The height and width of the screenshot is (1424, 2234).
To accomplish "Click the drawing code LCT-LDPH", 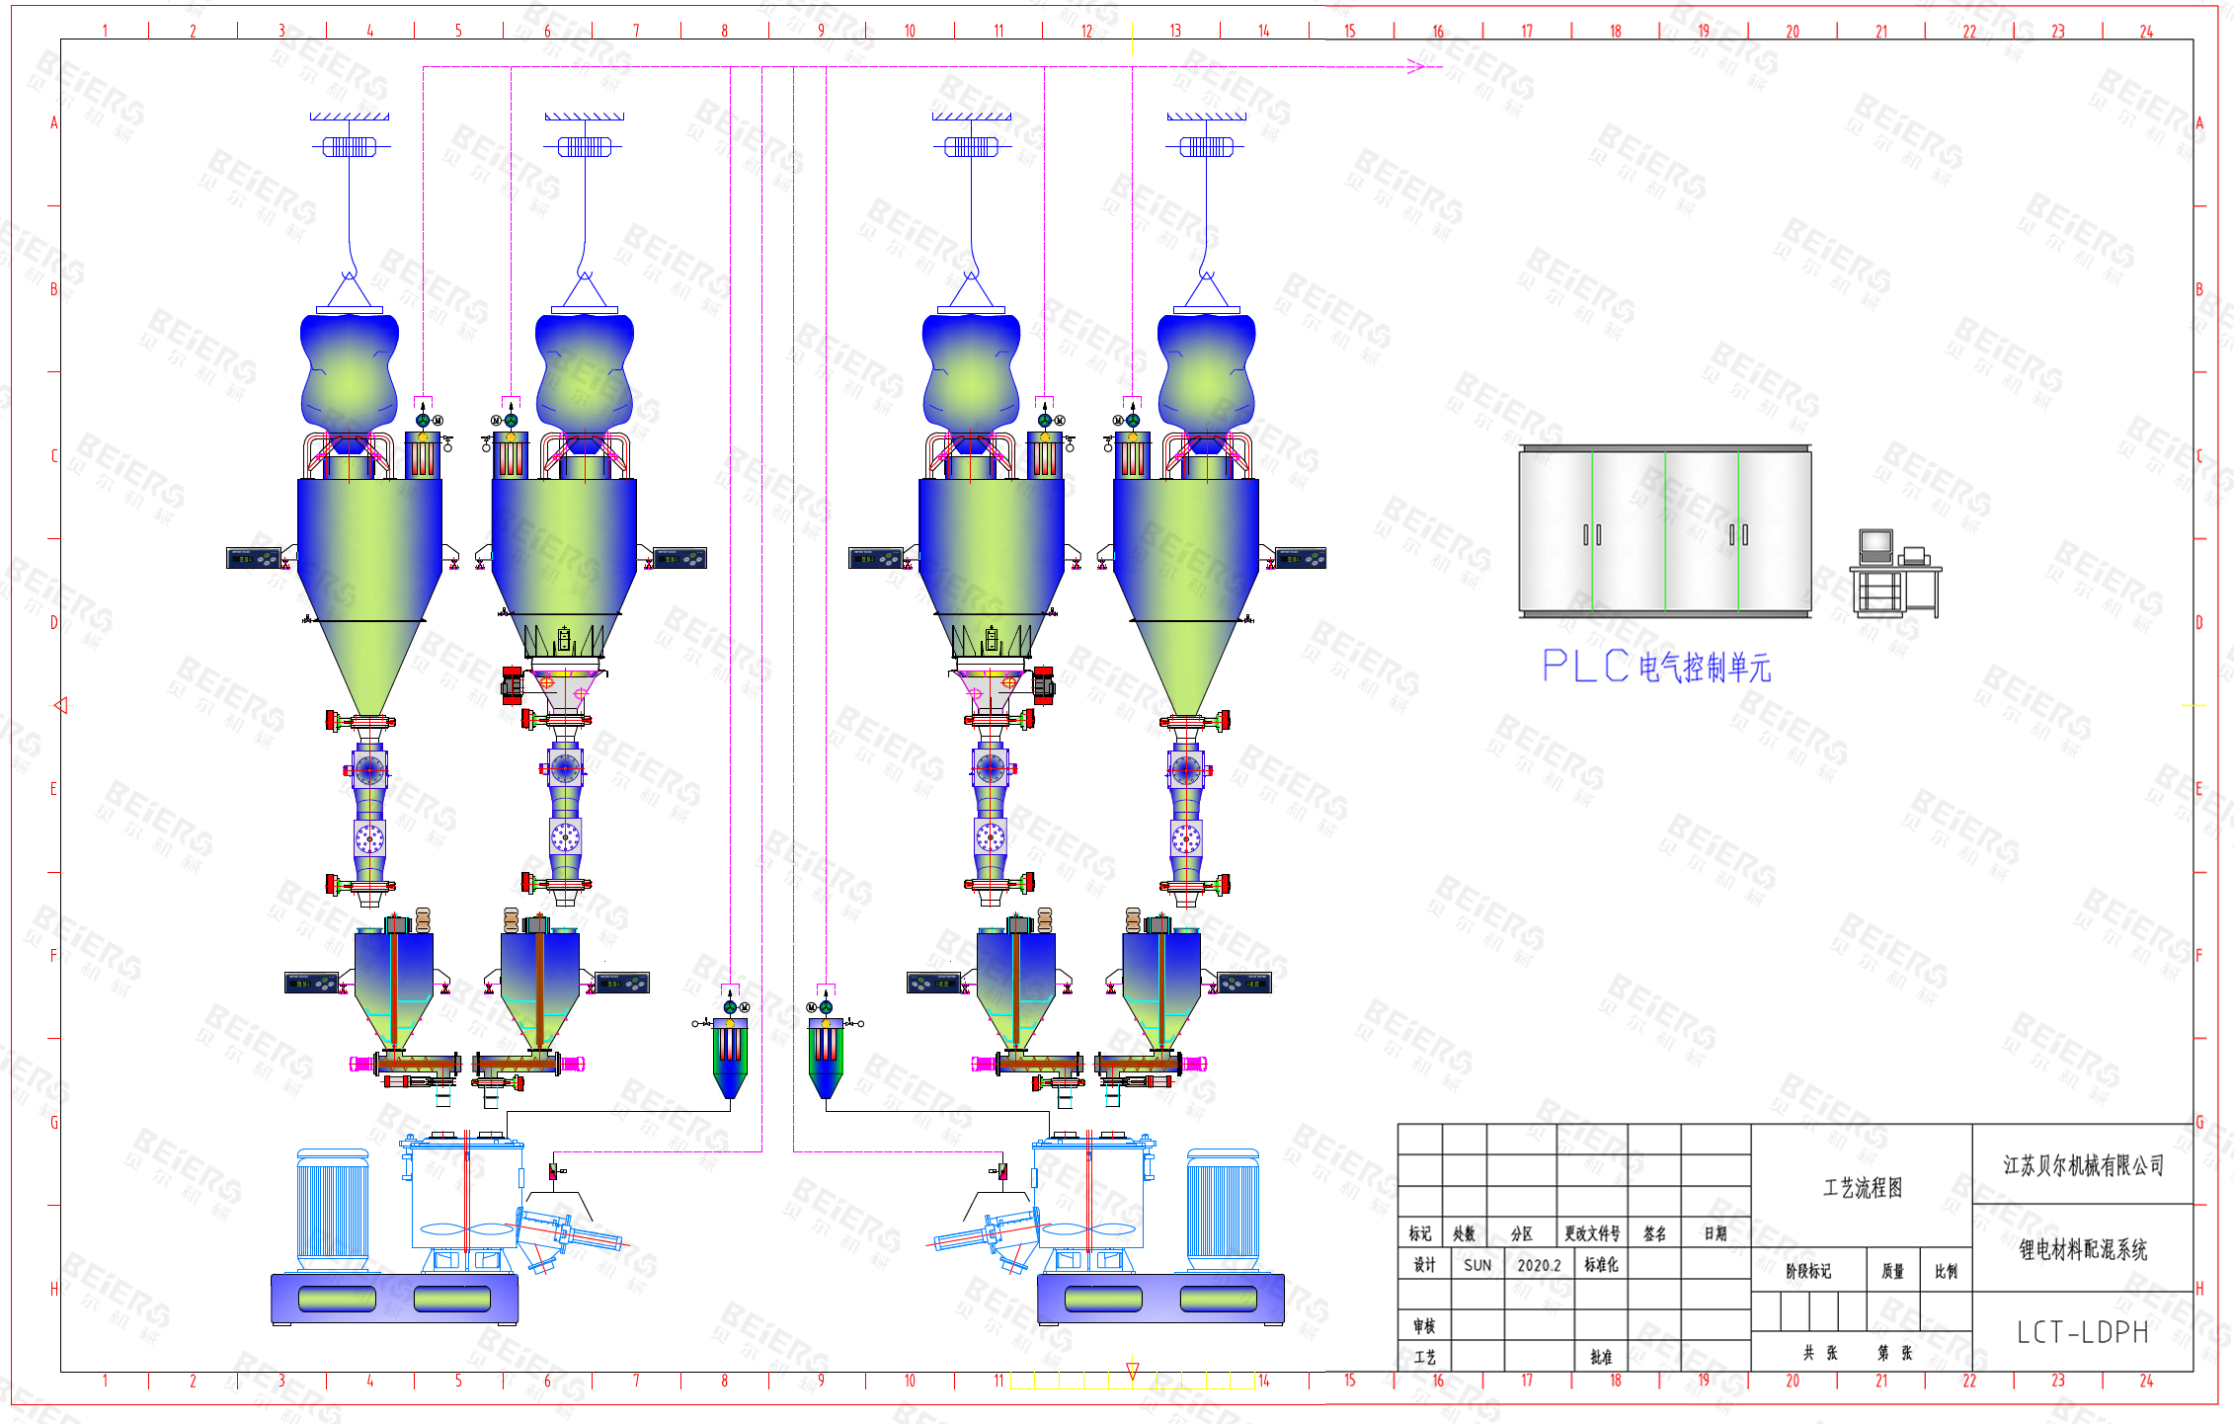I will [2082, 1333].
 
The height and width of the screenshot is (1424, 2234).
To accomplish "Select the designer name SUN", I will [1477, 1265].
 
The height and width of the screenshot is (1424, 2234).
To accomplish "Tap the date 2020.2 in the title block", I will [1539, 1265].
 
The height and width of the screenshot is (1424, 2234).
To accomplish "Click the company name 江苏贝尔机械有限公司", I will [2083, 1165].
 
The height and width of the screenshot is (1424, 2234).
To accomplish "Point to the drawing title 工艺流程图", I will [1862, 1188].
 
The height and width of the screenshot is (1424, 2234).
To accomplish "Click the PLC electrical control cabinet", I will [1665, 530].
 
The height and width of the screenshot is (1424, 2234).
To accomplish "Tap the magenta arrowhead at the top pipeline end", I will [1416, 67].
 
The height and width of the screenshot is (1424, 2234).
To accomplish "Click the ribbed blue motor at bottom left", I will [333, 1209].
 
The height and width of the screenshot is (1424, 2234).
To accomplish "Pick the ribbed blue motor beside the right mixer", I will [1223, 1209].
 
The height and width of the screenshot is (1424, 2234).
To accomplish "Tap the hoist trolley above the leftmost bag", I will [350, 147].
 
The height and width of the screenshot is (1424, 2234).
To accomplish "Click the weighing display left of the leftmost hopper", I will [254, 559].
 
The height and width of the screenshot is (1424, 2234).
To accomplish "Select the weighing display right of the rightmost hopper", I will [1300, 559].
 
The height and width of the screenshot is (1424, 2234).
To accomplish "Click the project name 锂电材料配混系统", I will [2083, 1250].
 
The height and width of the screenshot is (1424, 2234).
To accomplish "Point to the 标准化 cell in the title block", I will [1601, 1265].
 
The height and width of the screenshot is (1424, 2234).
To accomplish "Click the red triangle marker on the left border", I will [61, 705].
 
